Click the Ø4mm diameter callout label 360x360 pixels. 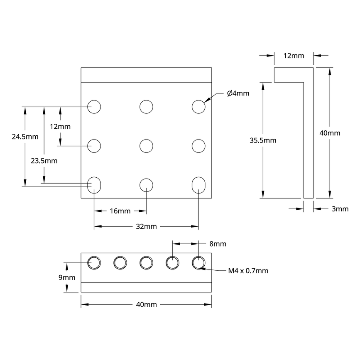coord(238,93)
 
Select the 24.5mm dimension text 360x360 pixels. coord(25,136)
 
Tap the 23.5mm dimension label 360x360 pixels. coord(44,160)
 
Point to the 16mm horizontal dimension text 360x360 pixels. coord(120,211)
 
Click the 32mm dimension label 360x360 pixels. coord(146,227)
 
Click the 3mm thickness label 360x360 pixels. coord(340,209)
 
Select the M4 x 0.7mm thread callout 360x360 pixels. coord(248,271)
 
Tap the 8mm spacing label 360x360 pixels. coord(218,244)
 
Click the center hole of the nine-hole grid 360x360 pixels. coord(146,146)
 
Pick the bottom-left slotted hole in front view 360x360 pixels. coord(95,185)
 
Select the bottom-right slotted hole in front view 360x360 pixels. coord(198,185)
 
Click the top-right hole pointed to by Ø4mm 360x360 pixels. coord(198,107)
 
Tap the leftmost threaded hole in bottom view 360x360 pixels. coord(94,263)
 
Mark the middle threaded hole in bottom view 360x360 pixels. coord(146,263)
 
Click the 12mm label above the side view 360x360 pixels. coord(293,56)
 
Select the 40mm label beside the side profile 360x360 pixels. coord(330,133)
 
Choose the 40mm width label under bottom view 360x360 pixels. coord(146,305)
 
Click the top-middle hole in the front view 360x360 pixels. coord(146,107)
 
